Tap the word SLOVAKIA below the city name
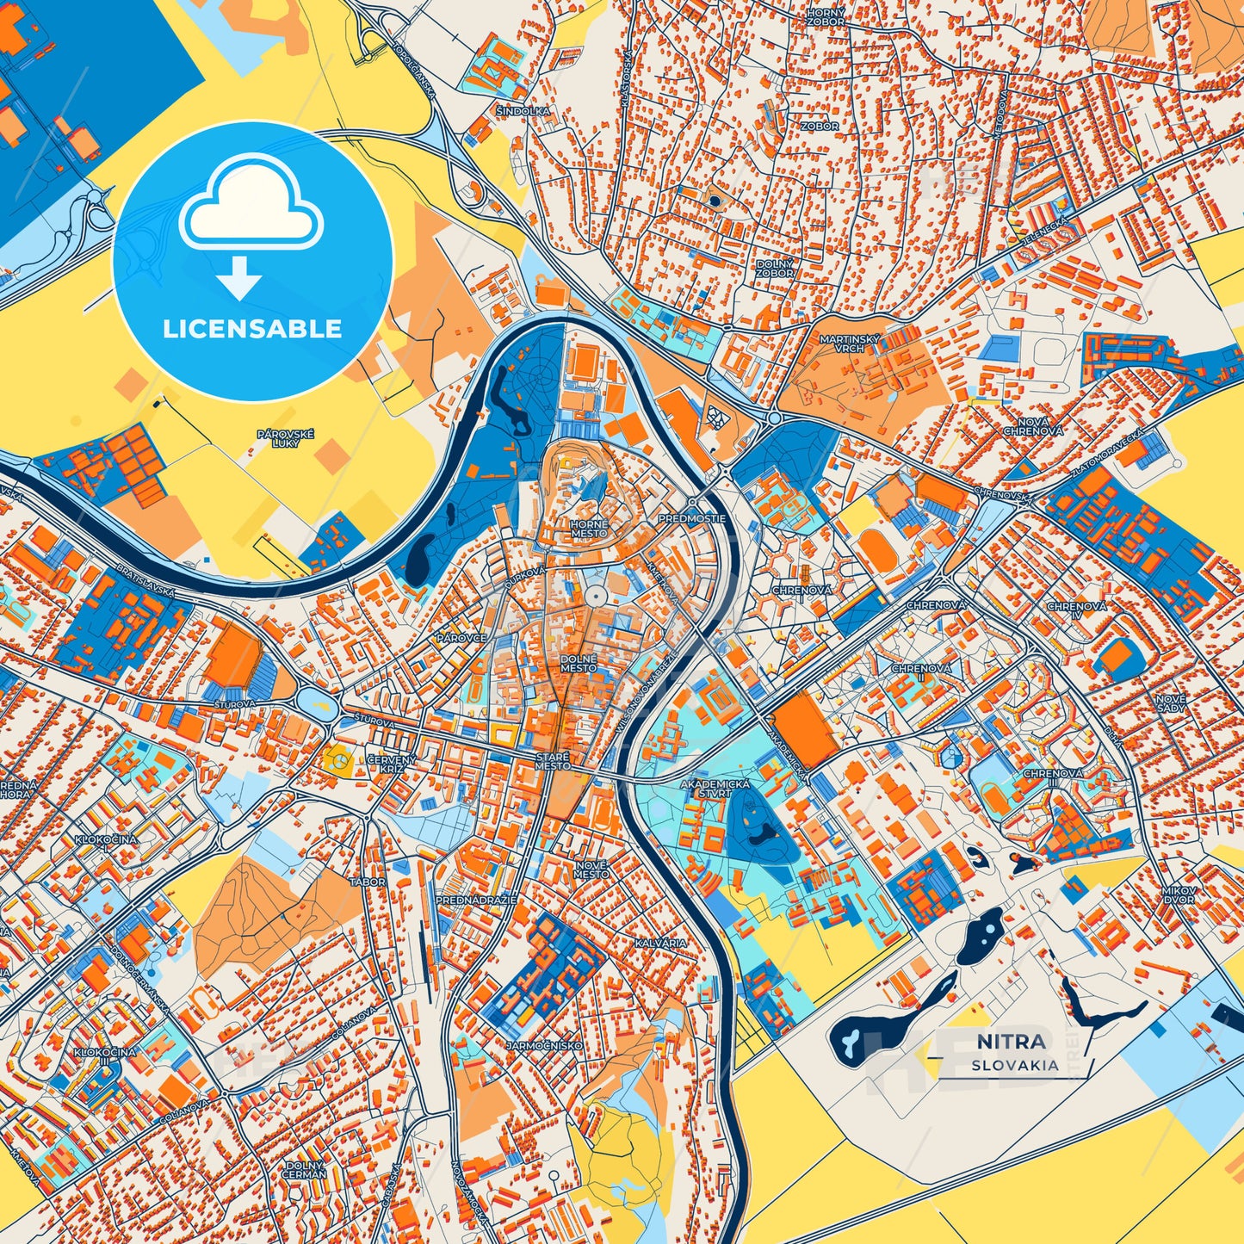click(1015, 1065)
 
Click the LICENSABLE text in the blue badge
click(252, 328)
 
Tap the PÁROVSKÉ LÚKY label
click(285, 438)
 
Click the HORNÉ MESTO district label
click(589, 529)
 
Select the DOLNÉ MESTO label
click(579, 663)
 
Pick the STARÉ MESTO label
click(552, 761)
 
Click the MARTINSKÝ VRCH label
click(849, 343)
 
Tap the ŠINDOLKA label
click(522, 112)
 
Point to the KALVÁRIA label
click(660, 944)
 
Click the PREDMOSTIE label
click(692, 519)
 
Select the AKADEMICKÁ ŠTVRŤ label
click(715, 789)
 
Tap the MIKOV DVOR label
click(1178, 894)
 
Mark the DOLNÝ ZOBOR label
click(775, 268)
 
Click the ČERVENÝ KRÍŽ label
click(392, 763)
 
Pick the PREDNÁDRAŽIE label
click(476, 900)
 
